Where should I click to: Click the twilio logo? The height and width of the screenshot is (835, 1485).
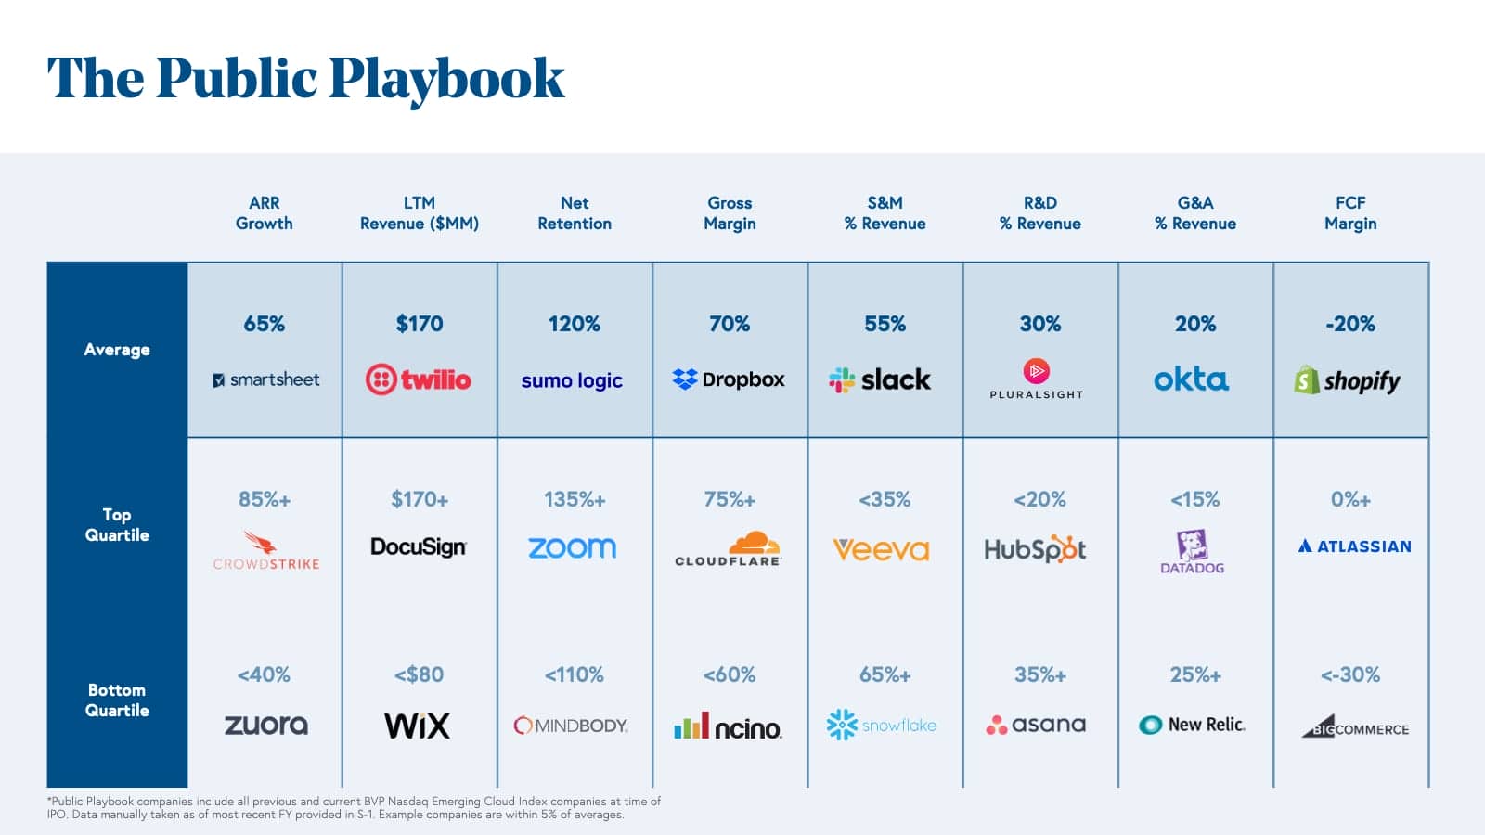click(419, 379)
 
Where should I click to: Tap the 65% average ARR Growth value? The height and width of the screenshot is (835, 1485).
click(265, 324)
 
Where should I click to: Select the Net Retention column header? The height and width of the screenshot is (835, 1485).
click(575, 213)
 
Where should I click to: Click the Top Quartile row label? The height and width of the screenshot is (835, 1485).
click(117, 525)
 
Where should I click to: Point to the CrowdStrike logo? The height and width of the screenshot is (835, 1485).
click(265, 551)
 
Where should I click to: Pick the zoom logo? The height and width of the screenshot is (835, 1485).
click(573, 548)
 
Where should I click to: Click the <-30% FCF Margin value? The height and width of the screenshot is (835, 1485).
click(1350, 675)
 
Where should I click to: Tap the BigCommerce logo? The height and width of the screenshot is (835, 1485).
click(1355, 726)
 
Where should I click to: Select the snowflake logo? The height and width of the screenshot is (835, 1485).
click(882, 725)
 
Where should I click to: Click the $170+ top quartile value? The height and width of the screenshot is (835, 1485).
click(420, 500)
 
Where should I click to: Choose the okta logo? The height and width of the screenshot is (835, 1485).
click(1191, 379)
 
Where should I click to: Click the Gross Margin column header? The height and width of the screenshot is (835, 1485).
click(730, 213)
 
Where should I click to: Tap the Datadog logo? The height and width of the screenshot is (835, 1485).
click(1193, 552)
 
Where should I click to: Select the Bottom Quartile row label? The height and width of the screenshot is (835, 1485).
click(117, 700)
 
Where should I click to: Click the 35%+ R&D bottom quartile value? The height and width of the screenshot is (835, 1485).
click(1040, 675)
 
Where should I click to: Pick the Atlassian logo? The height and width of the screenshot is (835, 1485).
click(1354, 546)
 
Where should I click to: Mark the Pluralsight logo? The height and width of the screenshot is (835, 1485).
click(1037, 379)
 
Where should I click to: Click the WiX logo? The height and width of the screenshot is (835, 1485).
click(418, 726)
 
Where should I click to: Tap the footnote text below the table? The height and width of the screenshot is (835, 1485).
click(353, 808)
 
